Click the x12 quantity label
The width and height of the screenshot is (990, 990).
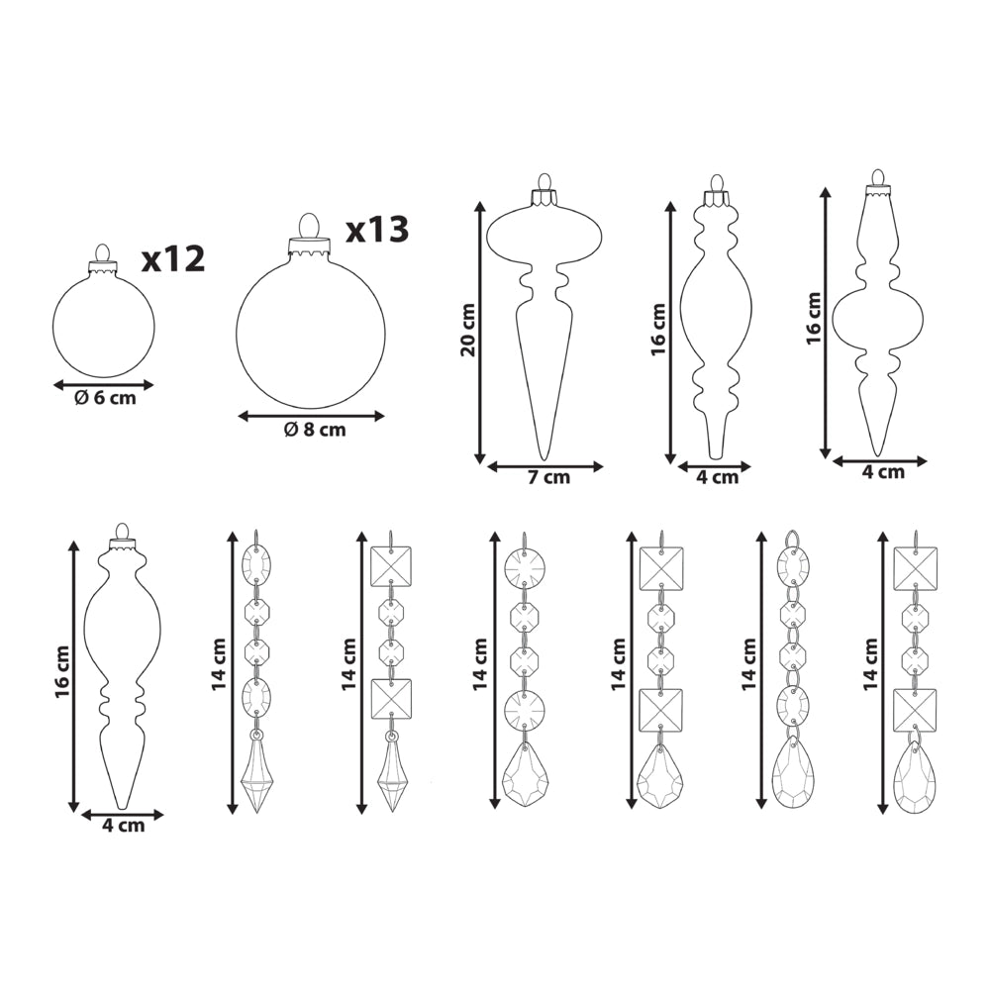173,258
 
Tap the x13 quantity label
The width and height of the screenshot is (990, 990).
377,230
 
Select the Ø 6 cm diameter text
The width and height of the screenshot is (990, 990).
105,398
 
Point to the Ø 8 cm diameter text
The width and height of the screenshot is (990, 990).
315,430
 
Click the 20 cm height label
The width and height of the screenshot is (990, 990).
468,330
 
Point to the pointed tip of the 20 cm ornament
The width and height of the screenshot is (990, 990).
543,458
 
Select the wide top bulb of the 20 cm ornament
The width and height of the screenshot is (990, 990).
544,236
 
